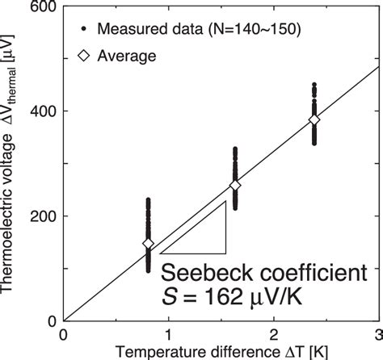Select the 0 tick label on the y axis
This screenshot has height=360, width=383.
coord(50,320)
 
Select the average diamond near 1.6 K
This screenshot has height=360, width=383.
coord(235,186)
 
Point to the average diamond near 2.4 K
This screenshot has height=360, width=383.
coord(314,119)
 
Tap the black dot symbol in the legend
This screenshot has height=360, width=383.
coord(83,31)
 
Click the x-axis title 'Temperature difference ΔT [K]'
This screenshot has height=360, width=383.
coord(220,351)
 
